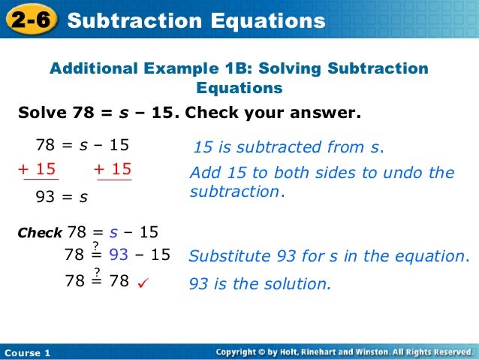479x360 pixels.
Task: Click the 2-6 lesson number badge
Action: (x=31, y=20)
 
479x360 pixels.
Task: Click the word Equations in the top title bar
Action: (x=268, y=21)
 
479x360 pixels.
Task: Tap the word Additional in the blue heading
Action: (x=87, y=69)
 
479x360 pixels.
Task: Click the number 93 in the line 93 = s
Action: (x=47, y=198)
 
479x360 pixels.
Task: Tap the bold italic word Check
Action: (x=39, y=234)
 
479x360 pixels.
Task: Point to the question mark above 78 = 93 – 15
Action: (x=96, y=246)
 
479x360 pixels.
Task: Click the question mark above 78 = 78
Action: (x=96, y=271)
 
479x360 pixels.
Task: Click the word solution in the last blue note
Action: (x=300, y=284)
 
